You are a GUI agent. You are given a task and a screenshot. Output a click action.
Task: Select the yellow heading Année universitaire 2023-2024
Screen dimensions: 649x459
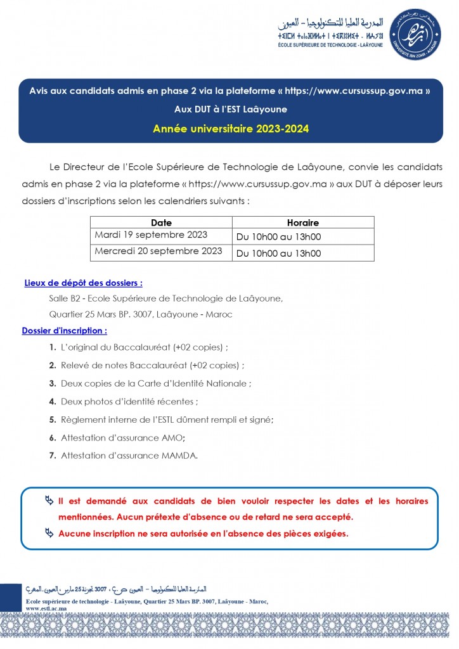click(231, 129)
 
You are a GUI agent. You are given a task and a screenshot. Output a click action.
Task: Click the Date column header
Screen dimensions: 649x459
click(161, 222)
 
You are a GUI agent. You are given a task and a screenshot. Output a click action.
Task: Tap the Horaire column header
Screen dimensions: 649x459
click(302, 222)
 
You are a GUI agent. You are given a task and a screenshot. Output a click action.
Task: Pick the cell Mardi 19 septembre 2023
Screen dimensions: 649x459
click(151, 235)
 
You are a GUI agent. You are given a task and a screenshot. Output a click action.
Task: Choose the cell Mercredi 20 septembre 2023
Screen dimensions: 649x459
click(158, 251)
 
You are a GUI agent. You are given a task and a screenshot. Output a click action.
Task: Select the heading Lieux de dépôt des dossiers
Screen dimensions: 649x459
click(83, 283)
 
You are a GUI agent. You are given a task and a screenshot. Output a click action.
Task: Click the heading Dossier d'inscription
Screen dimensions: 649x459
click(64, 330)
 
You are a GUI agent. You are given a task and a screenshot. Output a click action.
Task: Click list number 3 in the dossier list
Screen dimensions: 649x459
click(52, 383)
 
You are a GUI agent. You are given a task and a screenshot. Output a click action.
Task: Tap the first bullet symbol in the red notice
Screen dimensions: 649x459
click(49, 501)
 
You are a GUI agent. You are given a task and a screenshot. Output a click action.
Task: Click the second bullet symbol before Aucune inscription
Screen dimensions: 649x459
click(49, 532)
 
